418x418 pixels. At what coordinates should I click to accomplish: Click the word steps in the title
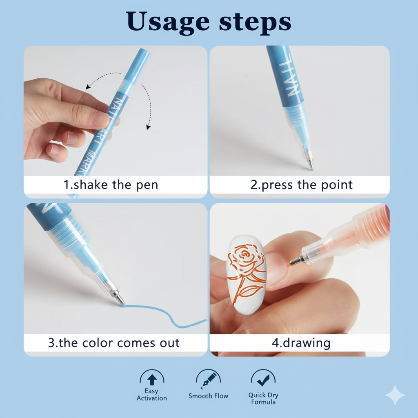[x=255, y=21]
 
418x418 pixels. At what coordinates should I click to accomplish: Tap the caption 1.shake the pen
[x=111, y=185]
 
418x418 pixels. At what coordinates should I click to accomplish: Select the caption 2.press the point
[x=302, y=185]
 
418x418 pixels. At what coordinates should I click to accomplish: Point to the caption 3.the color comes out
[x=113, y=342]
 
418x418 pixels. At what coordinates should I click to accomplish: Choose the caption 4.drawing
[x=301, y=343]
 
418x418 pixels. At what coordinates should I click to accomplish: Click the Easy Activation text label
[x=152, y=395]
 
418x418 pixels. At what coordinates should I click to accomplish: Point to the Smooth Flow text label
[x=208, y=396]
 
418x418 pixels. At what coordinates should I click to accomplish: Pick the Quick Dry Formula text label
[x=263, y=398]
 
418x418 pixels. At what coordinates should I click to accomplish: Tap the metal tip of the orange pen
[x=296, y=260]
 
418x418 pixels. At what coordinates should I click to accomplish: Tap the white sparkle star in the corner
[x=395, y=395]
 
